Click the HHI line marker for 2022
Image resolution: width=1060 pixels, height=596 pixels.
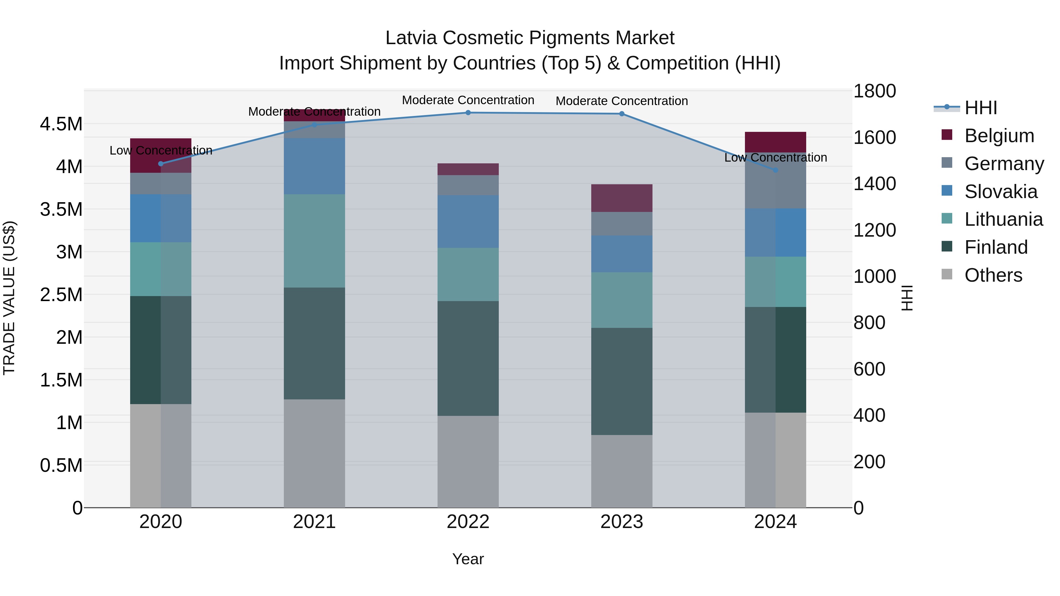[x=468, y=113]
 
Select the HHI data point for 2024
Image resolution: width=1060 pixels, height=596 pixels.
[x=775, y=170]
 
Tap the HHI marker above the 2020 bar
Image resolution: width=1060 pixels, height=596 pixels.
[x=161, y=164]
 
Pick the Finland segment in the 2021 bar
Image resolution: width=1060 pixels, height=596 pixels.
[x=314, y=343]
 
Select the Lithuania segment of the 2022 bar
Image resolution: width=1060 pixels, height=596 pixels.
[x=468, y=274]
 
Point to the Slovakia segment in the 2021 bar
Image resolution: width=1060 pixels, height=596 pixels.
[x=314, y=166]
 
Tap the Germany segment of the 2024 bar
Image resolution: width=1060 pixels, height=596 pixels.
[x=775, y=181]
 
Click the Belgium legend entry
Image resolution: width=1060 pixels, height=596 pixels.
[x=999, y=136]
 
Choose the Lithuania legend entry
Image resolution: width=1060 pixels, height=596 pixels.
[x=1003, y=220]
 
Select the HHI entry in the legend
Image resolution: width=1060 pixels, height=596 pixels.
[x=980, y=108]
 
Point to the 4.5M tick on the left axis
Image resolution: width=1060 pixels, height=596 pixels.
[x=61, y=124]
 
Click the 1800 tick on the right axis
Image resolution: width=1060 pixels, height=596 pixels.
[x=874, y=91]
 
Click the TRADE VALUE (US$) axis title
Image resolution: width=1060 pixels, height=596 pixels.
[x=9, y=298]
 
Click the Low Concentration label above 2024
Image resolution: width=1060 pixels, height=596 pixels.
[x=775, y=157]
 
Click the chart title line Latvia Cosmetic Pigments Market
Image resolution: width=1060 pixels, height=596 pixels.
[x=530, y=38]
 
